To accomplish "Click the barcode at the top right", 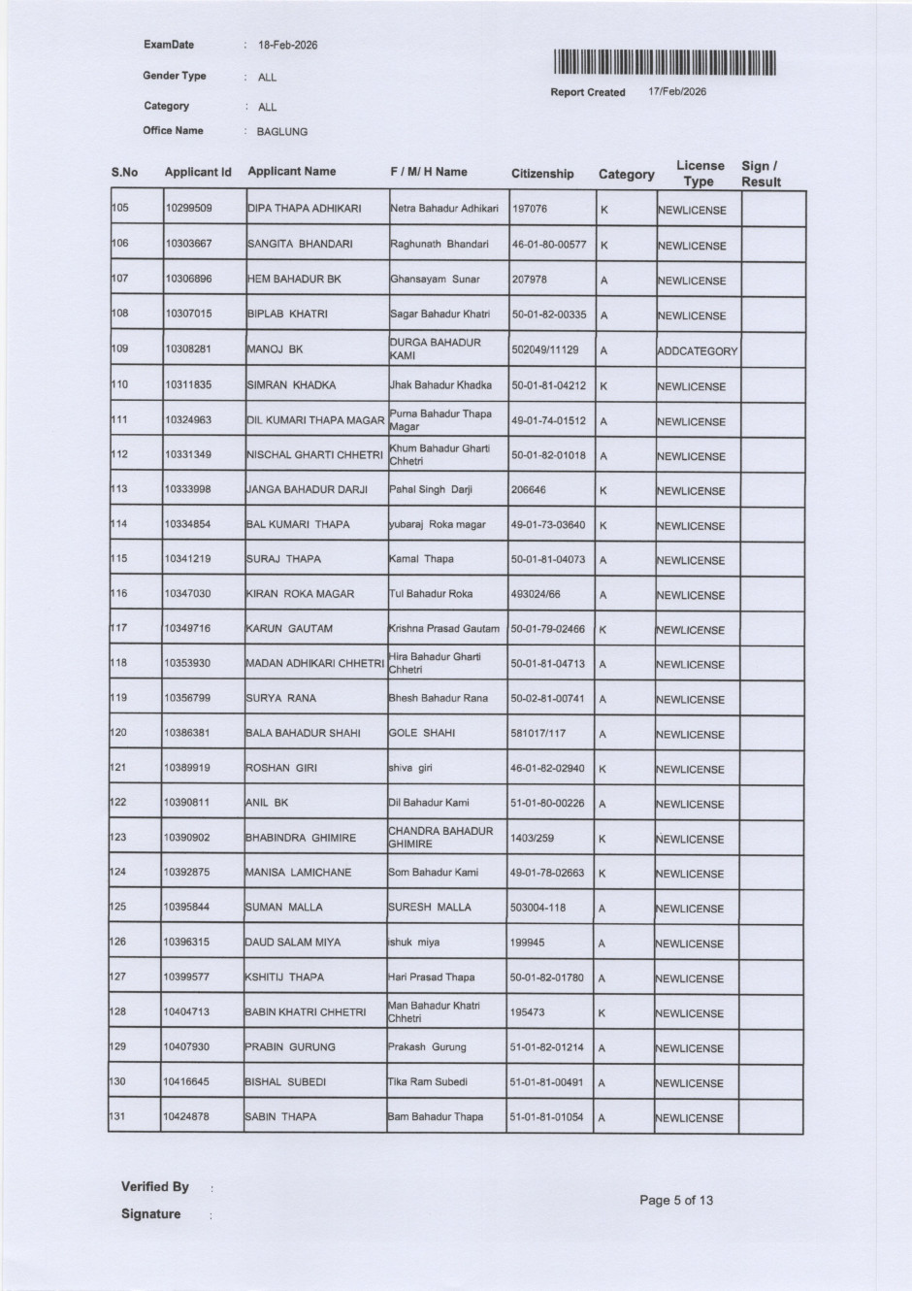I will (x=666, y=63).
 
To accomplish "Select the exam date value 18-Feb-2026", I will (x=287, y=46).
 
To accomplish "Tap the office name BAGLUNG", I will (x=281, y=132).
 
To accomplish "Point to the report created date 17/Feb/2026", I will (x=677, y=92).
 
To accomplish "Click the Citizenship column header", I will (x=542, y=174).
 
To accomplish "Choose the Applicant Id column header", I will (x=198, y=172).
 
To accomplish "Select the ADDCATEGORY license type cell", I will (x=697, y=351).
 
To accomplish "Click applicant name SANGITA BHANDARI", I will (x=300, y=245).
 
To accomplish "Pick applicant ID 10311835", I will (x=188, y=385).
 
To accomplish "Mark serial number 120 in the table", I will (x=118, y=733).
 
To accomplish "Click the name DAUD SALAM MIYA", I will (x=292, y=943).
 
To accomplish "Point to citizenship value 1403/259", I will (x=532, y=838).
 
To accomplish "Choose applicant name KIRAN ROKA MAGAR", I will (x=300, y=594).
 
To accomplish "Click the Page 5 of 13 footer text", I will (x=675, y=1201).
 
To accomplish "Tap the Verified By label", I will (x=154, y=1187).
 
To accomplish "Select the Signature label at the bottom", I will (x=150, y=1214).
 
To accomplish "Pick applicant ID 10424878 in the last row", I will (x=186, y=1117).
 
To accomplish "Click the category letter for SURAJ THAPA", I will (x=603, y=560).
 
